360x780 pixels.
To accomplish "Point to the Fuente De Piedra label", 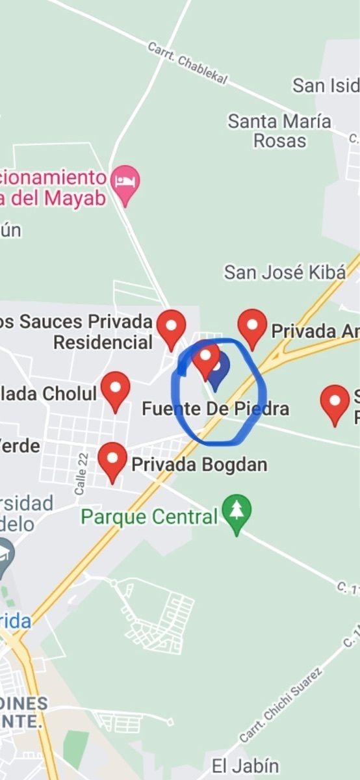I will (215, 409).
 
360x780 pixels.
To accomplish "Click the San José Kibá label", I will (285, 272).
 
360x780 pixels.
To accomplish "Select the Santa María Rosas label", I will (279, 130).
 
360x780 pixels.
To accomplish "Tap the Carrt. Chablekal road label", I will (187, 63).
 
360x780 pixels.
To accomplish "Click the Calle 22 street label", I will (81, 474).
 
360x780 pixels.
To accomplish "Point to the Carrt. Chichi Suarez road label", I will (281, 706).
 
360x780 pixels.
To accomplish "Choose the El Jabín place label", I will (245, 766).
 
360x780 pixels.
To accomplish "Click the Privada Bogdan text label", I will (199, 465).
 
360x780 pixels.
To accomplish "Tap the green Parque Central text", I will (149, 517).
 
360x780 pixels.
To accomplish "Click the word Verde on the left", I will (19, 446).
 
